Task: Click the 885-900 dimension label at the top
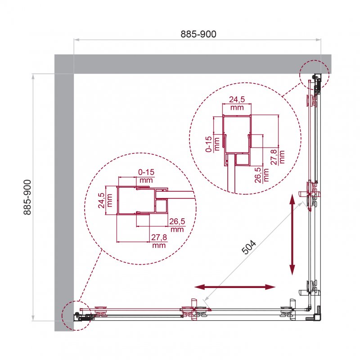[198, 34]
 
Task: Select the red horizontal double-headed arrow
[234, 287]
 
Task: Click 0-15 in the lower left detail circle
[146, 176]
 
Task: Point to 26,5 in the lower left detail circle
[176, 225]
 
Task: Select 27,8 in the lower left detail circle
[159, 241]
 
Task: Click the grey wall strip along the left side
[63, 202]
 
